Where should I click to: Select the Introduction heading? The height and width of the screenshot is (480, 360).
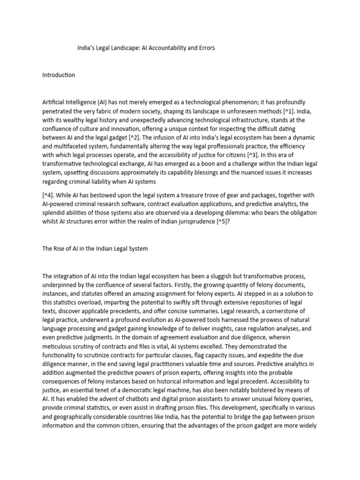pos(59,75)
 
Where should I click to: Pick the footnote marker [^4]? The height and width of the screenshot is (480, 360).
pos(49,195)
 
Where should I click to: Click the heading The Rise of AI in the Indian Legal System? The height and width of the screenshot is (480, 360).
pos(95,248)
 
